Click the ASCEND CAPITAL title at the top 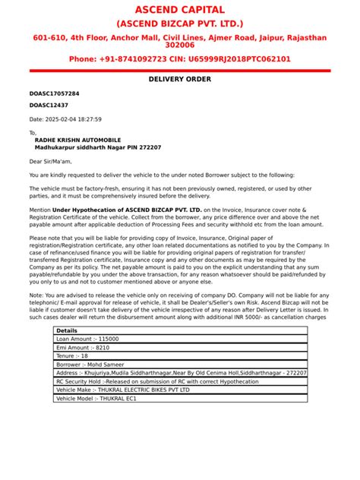180,10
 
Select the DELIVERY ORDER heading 180,79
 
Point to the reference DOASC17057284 54,93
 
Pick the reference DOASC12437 49,106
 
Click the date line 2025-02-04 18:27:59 65,119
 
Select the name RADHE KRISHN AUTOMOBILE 77,140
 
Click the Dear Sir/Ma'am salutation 50,161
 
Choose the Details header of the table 67,331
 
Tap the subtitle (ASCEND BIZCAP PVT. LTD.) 180,24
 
